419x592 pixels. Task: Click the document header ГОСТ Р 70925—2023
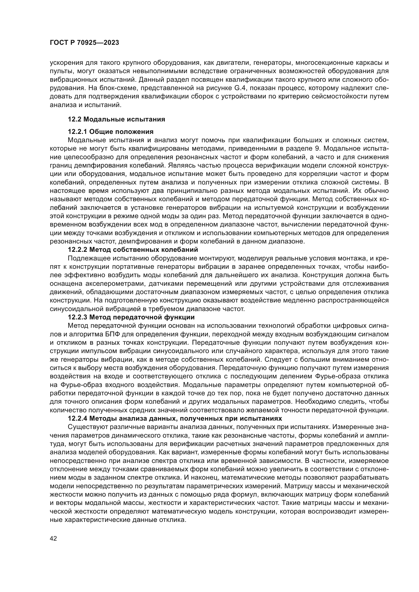84,43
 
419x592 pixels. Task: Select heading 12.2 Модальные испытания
116,119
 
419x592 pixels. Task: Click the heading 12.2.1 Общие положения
111,132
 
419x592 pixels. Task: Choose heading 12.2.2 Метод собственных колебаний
133,250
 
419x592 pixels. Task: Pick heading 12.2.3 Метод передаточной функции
131,317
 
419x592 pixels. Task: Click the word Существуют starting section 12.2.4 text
87,427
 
